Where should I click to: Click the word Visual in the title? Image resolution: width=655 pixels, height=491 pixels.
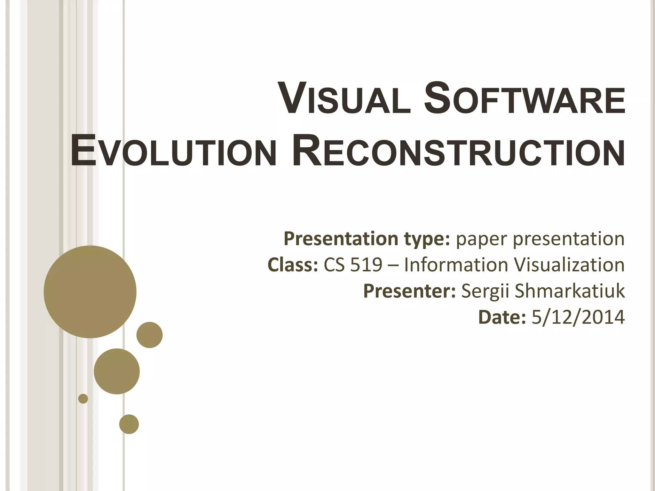pyautogui.click(x=344, y=98)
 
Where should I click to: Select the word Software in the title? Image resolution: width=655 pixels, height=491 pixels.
pyautogui.click(x=524, y=98)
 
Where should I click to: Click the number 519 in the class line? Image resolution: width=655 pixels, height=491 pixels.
pyautogui.click(x=367, y=265)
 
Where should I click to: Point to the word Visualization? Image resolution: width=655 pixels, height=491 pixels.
pyautogui.click(x=569, y=265)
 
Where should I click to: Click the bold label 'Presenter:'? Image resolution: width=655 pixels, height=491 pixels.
pyautogui.click(x=409, y=291)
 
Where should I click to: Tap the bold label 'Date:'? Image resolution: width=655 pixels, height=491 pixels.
pyautogui.click(x=502, y=317)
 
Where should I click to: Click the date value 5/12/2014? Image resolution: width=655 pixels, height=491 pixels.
pyautogui.click(x=578, y=317)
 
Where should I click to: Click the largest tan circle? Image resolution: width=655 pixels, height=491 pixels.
pyautogui.click(x=90, y=292)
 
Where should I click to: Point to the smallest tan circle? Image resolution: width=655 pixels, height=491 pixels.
pyautogui.click(x=83, y=399)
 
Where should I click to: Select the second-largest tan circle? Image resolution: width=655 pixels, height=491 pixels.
pyautogui.click(x=117, y=371)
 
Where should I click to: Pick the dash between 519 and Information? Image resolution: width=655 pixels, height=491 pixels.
pyautogui.click(x=393, y=265)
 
